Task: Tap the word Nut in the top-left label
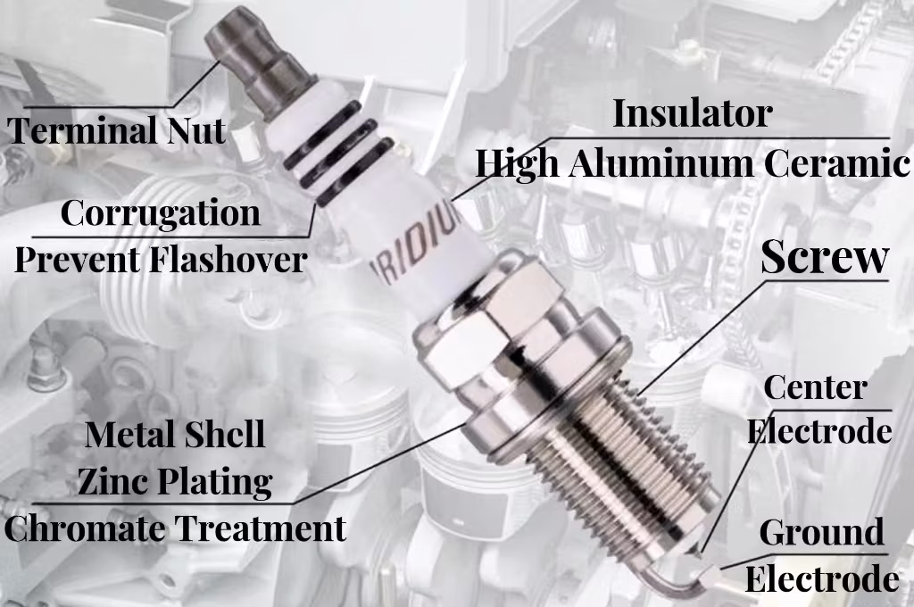click(x=196, y=131)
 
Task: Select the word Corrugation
click(x=161, y=213)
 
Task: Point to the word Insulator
click(x=693, y=113)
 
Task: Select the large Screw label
click(x=825, y=258)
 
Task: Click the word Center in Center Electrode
click(x=816, y=388)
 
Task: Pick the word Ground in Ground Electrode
click(x=821, y=533)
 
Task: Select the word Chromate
click(x=85, y=528)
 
